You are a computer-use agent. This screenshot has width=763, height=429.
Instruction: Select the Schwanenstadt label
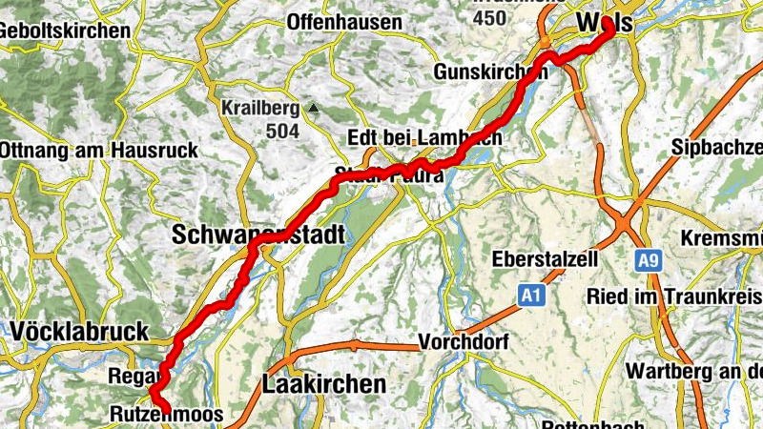257,234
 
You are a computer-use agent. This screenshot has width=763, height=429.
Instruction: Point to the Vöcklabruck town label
81,332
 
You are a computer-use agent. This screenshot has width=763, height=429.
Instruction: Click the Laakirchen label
324,385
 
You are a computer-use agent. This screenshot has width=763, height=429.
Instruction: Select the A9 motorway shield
649,258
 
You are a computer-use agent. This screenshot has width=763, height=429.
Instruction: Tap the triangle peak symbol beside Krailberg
311,108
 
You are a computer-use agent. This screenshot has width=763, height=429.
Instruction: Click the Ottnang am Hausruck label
98,150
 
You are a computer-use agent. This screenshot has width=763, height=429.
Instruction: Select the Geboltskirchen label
65,31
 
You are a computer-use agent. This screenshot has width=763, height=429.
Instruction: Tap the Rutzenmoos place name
167,415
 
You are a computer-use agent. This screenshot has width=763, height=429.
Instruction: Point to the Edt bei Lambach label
424,137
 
